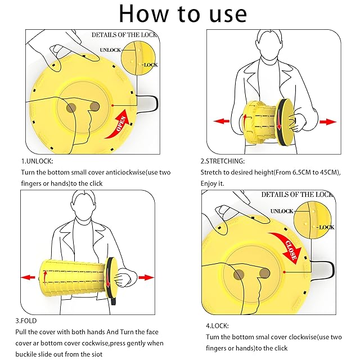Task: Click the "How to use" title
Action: click(183, 13)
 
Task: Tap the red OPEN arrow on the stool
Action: click(119, 123)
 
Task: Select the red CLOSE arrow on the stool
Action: click(287, 246)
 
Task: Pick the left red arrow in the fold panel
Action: click(28, 277)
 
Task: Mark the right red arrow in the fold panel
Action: click(146, 277)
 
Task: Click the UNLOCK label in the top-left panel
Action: click(110, 50)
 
